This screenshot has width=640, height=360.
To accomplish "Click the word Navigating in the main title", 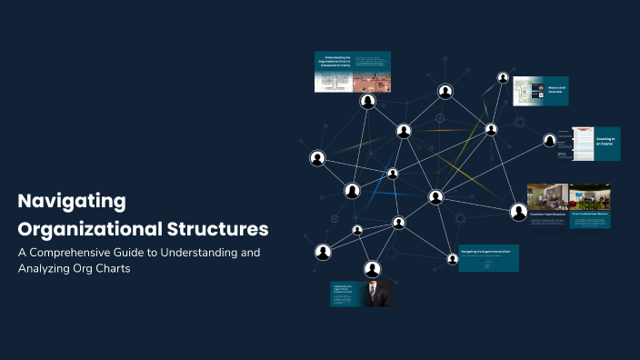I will point(72,201).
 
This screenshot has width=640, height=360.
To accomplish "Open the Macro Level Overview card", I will point(542,92).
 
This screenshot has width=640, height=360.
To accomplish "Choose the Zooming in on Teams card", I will point(595,143).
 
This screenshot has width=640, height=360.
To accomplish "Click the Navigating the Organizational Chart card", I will point(488,257).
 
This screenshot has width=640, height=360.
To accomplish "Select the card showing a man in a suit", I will point(362,294).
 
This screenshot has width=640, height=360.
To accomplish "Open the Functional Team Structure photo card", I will point(547,205).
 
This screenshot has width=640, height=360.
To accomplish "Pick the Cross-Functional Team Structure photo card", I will point(590,205).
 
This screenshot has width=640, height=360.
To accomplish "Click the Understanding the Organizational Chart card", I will point(353,72).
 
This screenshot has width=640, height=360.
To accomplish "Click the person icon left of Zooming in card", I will point(550,140).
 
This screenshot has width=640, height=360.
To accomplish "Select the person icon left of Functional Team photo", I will point(519,212).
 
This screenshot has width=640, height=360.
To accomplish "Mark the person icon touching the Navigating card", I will point(453,259).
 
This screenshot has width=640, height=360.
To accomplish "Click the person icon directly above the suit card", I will point(372,268).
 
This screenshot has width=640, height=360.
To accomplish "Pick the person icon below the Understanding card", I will point(368,101).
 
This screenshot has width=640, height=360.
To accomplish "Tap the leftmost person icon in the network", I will point(317,158).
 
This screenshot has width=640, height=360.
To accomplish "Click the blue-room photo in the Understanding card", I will point(372,82).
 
